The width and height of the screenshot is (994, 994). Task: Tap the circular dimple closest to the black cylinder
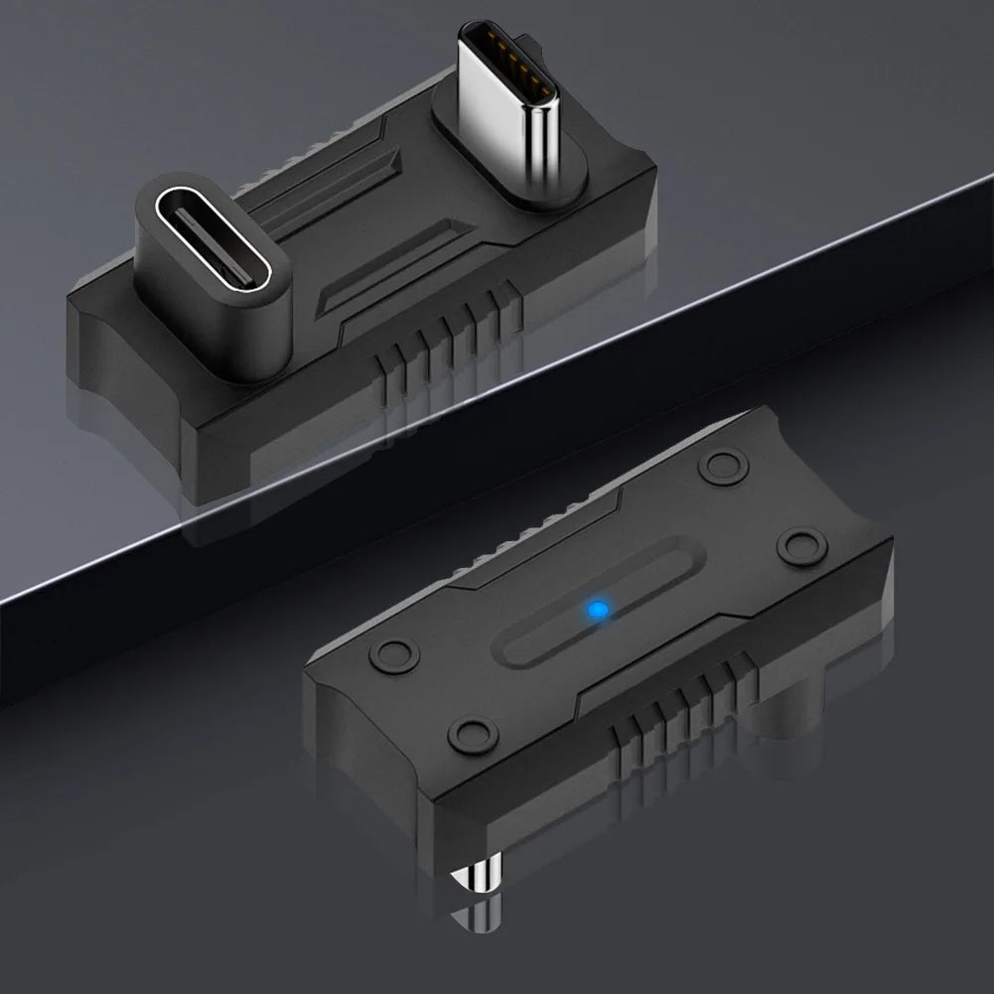click(801, 543)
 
